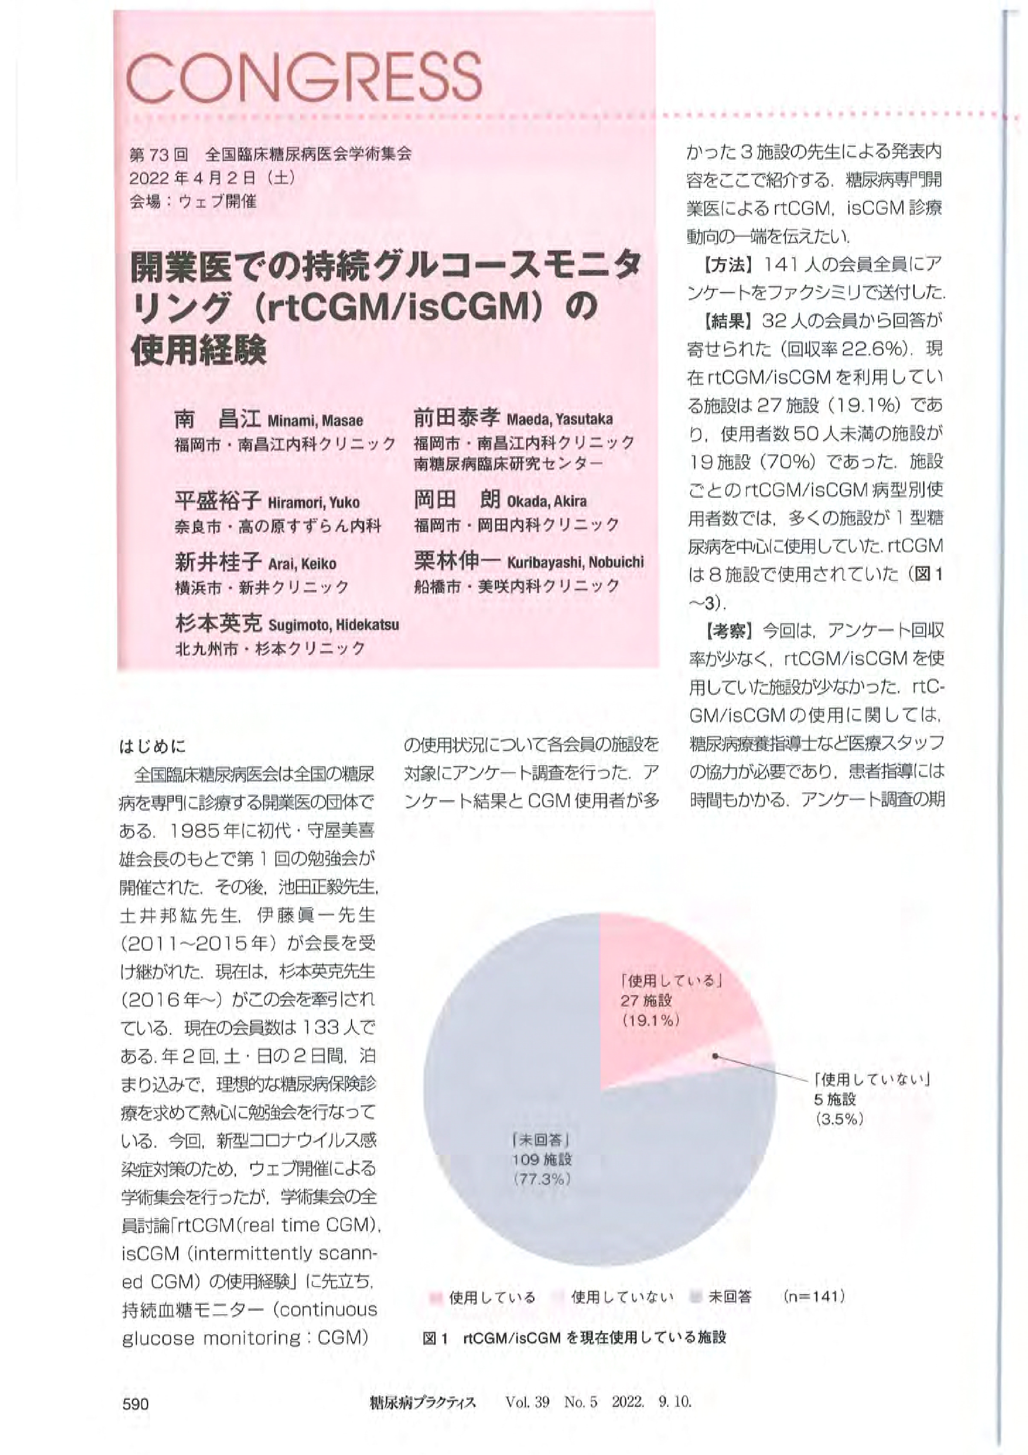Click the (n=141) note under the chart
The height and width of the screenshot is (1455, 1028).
(x=814, y=1296)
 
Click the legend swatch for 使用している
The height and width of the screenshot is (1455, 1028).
(x=435, y=1297)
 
